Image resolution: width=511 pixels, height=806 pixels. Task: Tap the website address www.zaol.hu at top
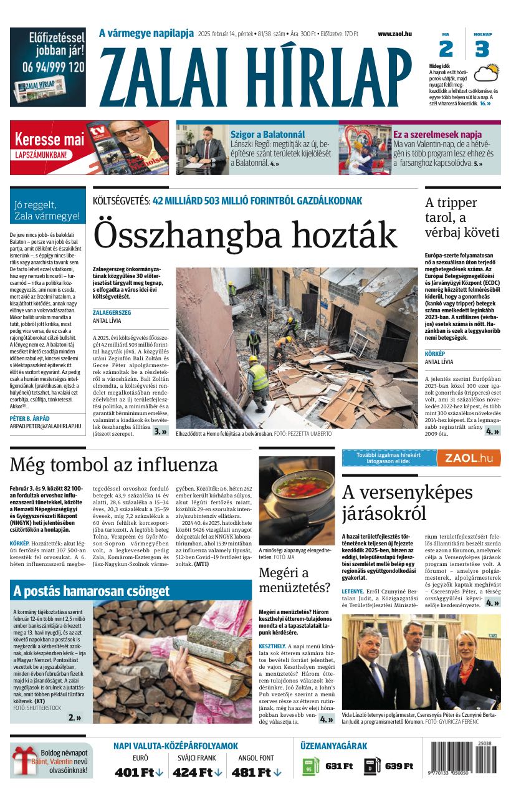tap(394, 34)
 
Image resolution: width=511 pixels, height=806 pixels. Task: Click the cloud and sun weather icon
tap(486, 74)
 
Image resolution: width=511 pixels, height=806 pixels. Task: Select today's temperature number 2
tap(446, 49)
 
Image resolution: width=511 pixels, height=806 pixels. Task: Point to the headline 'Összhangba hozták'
tap(245, 235)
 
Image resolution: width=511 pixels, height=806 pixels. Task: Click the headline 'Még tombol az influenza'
tap(114, 465)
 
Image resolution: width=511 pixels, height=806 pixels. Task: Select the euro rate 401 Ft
tap(135, 772)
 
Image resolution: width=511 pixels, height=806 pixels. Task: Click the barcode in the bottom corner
tap(464, 759)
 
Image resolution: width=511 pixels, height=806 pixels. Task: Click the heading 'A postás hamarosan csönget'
tap(91, 591)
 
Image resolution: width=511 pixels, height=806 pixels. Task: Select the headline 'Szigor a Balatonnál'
tap(267, 134)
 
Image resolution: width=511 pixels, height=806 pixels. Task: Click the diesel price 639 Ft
tap(399, 766)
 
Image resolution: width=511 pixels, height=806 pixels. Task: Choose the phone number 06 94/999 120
tap(48, 67)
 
